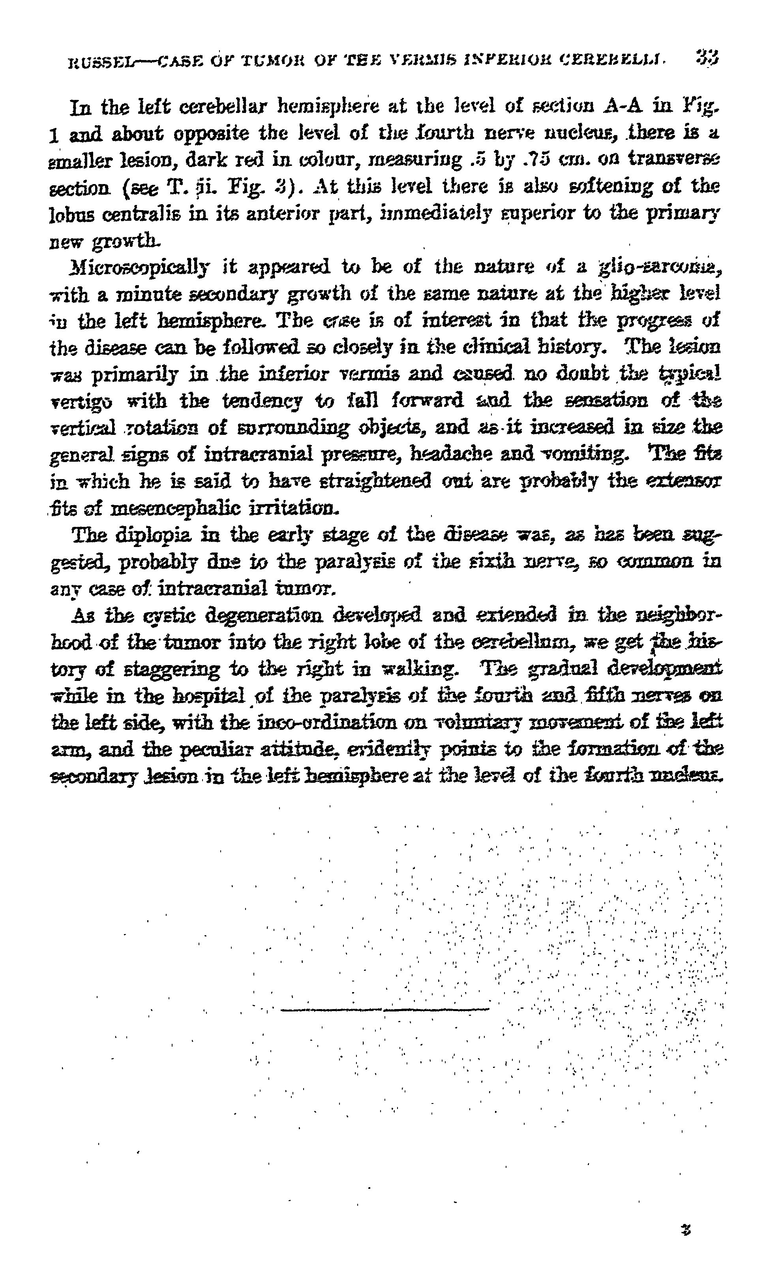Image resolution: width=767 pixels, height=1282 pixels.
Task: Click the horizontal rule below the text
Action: (x=384, y=1009)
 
